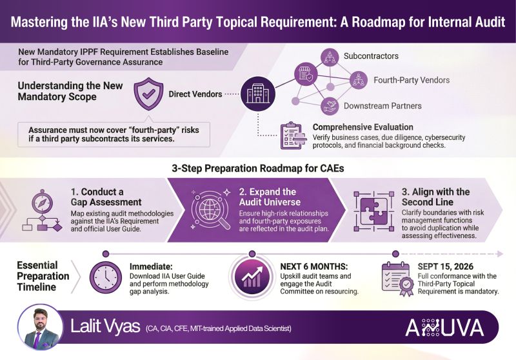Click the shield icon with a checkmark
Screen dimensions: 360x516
[x=148, y=94]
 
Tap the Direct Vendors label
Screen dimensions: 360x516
[x=194, y=94]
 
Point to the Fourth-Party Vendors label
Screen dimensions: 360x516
[x=412, y=81]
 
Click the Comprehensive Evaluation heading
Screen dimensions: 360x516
[x=363, y=127]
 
